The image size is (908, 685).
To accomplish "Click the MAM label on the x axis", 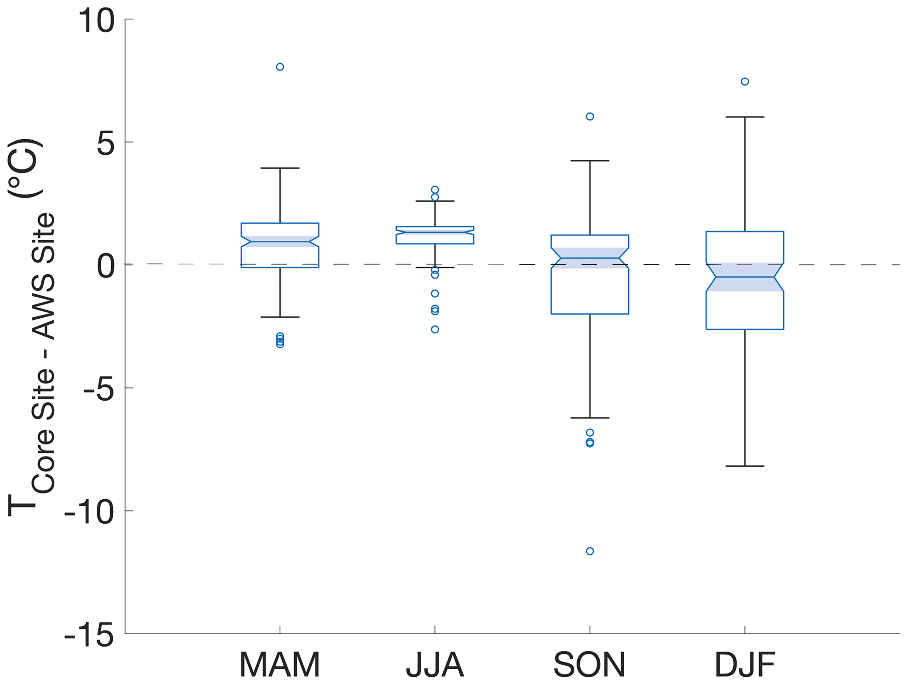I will [279, 665].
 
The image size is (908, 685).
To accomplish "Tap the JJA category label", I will [434, 665].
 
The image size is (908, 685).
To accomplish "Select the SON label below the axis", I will [589, 665].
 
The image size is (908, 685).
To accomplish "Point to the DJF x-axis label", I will [745, 665].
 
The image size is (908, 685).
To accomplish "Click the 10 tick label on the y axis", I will [96, 21].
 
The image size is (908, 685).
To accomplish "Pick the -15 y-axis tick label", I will [89, 635].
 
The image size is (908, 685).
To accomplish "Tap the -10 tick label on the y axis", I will [89, 512].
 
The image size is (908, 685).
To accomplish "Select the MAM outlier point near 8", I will [280, 67].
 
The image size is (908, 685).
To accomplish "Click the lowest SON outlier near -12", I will [590, 551].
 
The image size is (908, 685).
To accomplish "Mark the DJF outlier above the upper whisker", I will [745, 81].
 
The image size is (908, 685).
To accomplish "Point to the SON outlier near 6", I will [590, 116].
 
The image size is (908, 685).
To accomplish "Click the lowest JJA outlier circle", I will [435, 330].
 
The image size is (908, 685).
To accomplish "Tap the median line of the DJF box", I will [745, 277].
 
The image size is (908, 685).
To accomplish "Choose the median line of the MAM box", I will [280, 242].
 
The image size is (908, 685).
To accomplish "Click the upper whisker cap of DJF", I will [745, 117].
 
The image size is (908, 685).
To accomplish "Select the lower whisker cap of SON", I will [590, 418].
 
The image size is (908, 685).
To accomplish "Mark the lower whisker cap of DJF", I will [745, 466].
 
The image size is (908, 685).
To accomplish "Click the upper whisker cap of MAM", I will [280, 168].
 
